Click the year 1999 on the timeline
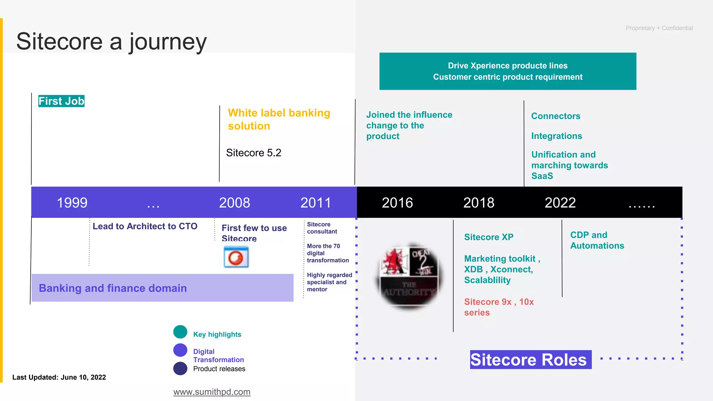point(72,203)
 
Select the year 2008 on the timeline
point(234,203)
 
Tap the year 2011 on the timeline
point(315,203)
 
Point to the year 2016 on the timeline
point(397,203)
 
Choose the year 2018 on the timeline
point(479,203)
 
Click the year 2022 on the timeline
point(560,203)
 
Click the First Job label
point(61,101)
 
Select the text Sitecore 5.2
point(253,153)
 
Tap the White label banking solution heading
point(279,119)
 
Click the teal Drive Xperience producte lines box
point(508,71)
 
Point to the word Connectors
point(556,116)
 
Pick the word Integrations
point(556,136)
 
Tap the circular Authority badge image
point(409,275)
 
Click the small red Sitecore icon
point(236,257)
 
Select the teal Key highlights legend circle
point(180,332)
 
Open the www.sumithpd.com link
point(212,392)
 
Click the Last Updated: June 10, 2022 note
point(59,377)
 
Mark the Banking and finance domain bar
point(162,288)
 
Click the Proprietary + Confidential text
point(659,28)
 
